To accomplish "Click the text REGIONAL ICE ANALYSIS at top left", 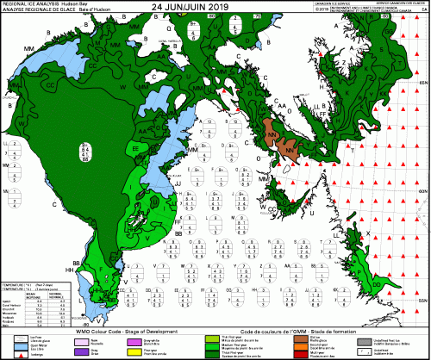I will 27,3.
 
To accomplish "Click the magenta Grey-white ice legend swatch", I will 134,338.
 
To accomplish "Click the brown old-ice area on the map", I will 276,138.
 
